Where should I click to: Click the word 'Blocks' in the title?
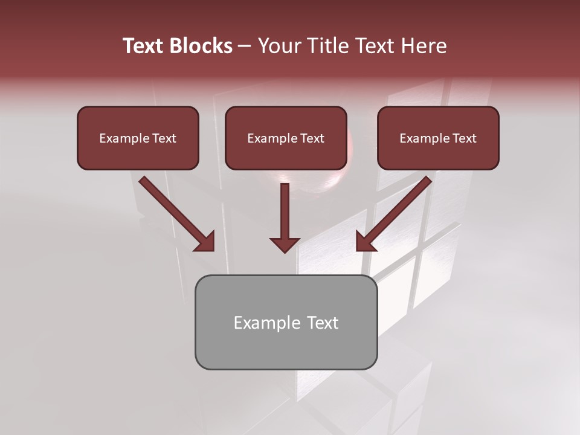click(x=201, y=46)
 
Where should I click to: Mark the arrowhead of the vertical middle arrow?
click(x=285, y=244)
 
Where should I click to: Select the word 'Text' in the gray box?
click(x=322, y=323)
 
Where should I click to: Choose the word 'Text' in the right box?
click(x=465, y=138)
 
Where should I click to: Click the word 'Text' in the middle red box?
click(x=312, y=138)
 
